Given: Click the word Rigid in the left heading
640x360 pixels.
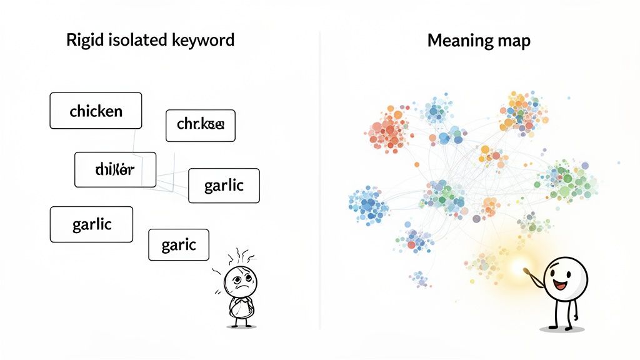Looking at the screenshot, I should tap(82, 41).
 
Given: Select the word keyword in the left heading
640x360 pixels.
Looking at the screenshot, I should tap(202, 41).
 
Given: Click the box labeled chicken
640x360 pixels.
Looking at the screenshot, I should tap(96, 111).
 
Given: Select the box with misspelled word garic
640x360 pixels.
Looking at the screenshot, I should tap(179, 244).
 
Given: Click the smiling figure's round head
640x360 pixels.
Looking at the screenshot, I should tap(565, 277).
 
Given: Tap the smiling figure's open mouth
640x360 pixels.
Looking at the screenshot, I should tap(560, 287).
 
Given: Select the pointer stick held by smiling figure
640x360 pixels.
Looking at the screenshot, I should tap(531, 275).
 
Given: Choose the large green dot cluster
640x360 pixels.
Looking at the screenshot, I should tap(569, 181).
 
